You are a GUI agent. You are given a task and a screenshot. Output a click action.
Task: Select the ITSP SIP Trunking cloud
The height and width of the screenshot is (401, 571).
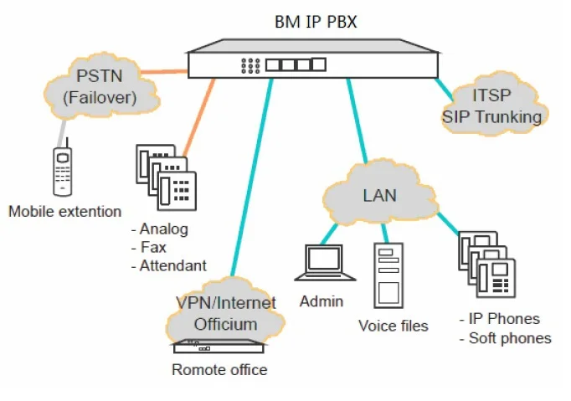(492, 106)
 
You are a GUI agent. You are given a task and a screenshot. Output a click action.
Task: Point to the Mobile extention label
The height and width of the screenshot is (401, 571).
(64, 212)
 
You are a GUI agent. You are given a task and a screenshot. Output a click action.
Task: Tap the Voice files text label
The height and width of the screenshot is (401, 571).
(393, 325)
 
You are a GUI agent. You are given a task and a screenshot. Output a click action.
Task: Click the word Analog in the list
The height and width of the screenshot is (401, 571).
(164, 229)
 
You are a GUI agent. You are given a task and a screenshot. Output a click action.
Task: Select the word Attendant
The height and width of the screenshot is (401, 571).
(173, 266)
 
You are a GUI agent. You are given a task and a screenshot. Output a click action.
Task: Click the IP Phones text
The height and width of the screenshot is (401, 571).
(505, 319)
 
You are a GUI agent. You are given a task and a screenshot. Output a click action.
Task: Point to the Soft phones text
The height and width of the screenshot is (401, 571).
(510, 338)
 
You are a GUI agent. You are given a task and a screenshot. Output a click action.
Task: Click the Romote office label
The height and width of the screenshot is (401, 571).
(219, 369)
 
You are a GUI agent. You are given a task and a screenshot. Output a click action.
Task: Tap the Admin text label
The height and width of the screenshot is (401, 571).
(322, 301)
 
